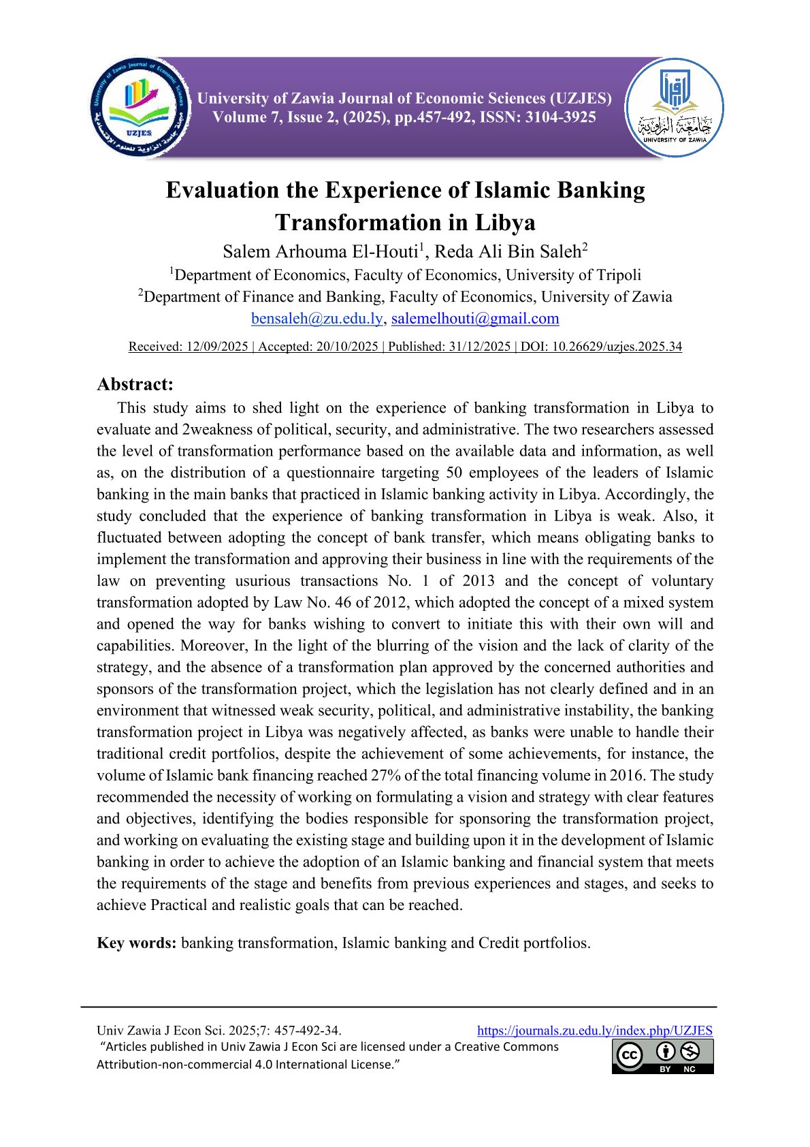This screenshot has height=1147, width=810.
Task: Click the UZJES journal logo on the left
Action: point(140,108)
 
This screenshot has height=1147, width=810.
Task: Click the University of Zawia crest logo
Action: point(674,108)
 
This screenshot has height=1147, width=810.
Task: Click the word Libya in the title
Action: point(504,223)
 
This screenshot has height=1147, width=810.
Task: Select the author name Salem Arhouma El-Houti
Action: point(320,252)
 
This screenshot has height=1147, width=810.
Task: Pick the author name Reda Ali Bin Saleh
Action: point(508,252)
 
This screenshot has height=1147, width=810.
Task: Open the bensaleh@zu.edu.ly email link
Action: point(317,318)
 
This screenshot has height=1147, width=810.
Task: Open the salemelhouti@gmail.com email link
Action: point(475,318)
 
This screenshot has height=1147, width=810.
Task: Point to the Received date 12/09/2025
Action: point(217,347)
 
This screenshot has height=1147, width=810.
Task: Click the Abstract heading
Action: point(135,384)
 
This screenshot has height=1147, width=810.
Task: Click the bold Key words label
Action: point(137,943)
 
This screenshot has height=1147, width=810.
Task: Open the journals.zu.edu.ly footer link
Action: point(594,1031)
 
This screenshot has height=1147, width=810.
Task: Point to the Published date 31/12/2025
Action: point(479,347)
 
